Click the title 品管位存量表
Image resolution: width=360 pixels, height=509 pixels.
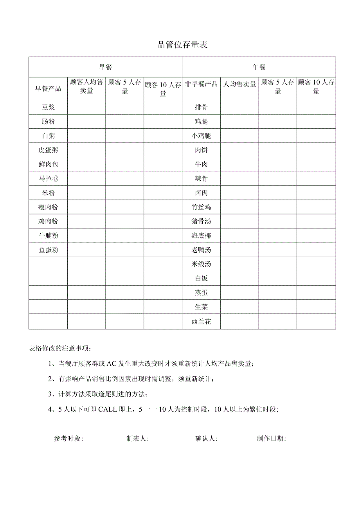182,45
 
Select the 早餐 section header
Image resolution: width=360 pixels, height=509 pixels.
105,67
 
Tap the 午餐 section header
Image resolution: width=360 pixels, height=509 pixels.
259,67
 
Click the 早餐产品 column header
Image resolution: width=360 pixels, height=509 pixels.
48,88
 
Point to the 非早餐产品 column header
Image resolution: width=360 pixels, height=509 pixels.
201,84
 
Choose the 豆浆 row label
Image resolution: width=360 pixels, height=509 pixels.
48,107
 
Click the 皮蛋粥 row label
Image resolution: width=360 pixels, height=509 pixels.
48,150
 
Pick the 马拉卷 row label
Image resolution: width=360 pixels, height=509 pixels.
48,178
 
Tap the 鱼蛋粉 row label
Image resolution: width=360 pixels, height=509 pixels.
48,250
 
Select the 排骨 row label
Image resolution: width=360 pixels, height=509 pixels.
201,107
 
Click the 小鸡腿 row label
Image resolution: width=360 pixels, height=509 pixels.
201,136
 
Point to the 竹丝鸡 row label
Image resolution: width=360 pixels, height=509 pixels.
201,207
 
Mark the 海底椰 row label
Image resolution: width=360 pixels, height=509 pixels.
201,236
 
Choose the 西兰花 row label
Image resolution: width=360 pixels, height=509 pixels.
201,322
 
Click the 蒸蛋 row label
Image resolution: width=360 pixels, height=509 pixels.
201,293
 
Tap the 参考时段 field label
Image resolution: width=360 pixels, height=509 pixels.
68,439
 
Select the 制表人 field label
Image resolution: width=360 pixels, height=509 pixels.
137,439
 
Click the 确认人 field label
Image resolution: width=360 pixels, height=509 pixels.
206,439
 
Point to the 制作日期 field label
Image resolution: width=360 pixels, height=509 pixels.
271,439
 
